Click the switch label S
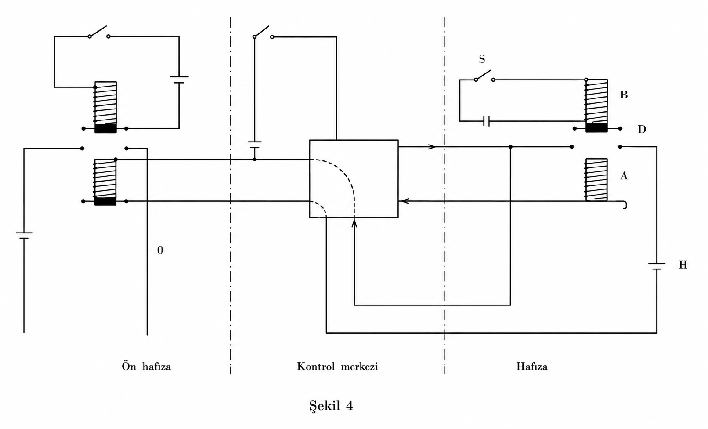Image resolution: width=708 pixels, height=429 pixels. pyautogui.click(x=482, y=59)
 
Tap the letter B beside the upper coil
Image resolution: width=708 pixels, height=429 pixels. pyautogui.click(x=624, y=95)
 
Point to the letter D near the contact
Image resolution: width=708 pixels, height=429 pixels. pyautogui.click(x=642, y=129)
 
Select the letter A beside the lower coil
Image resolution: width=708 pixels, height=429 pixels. pyautogui.click(x=624, y=176)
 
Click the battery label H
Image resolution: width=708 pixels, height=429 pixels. pyautogui.click(x=683, y=265)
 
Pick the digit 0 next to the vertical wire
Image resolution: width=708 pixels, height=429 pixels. pyautogui.click(x=160, y=250)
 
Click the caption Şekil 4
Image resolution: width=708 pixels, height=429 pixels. pyautogui.click(x=331, y=406)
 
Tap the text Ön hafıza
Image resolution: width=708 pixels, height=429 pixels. pyautogui.click(x=146, y=366)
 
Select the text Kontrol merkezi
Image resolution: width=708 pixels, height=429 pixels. pyautogui.click(x=337, y=366)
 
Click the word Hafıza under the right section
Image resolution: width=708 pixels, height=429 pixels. pyautogui.click(x=532, y=366)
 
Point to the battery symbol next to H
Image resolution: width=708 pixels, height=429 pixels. pyautogui.click(x=657, y=266)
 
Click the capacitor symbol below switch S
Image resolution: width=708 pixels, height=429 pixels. pyautogui.click(x=487, y=121)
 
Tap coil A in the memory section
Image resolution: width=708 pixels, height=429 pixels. pyautogui.click(x=596, y=180)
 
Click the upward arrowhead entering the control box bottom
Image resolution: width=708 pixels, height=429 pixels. pyautogui.click(x=354, y=223)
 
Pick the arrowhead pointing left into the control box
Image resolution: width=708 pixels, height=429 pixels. pyautogui.click(x=404, y=201)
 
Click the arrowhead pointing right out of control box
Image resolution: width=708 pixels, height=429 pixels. pyautogui.click(x=432, y=147)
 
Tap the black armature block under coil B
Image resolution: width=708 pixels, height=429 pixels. pyautogui.click(x=596, y=128)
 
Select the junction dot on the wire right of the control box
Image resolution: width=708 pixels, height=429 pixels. pyautogui.click(x=510, y=147)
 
